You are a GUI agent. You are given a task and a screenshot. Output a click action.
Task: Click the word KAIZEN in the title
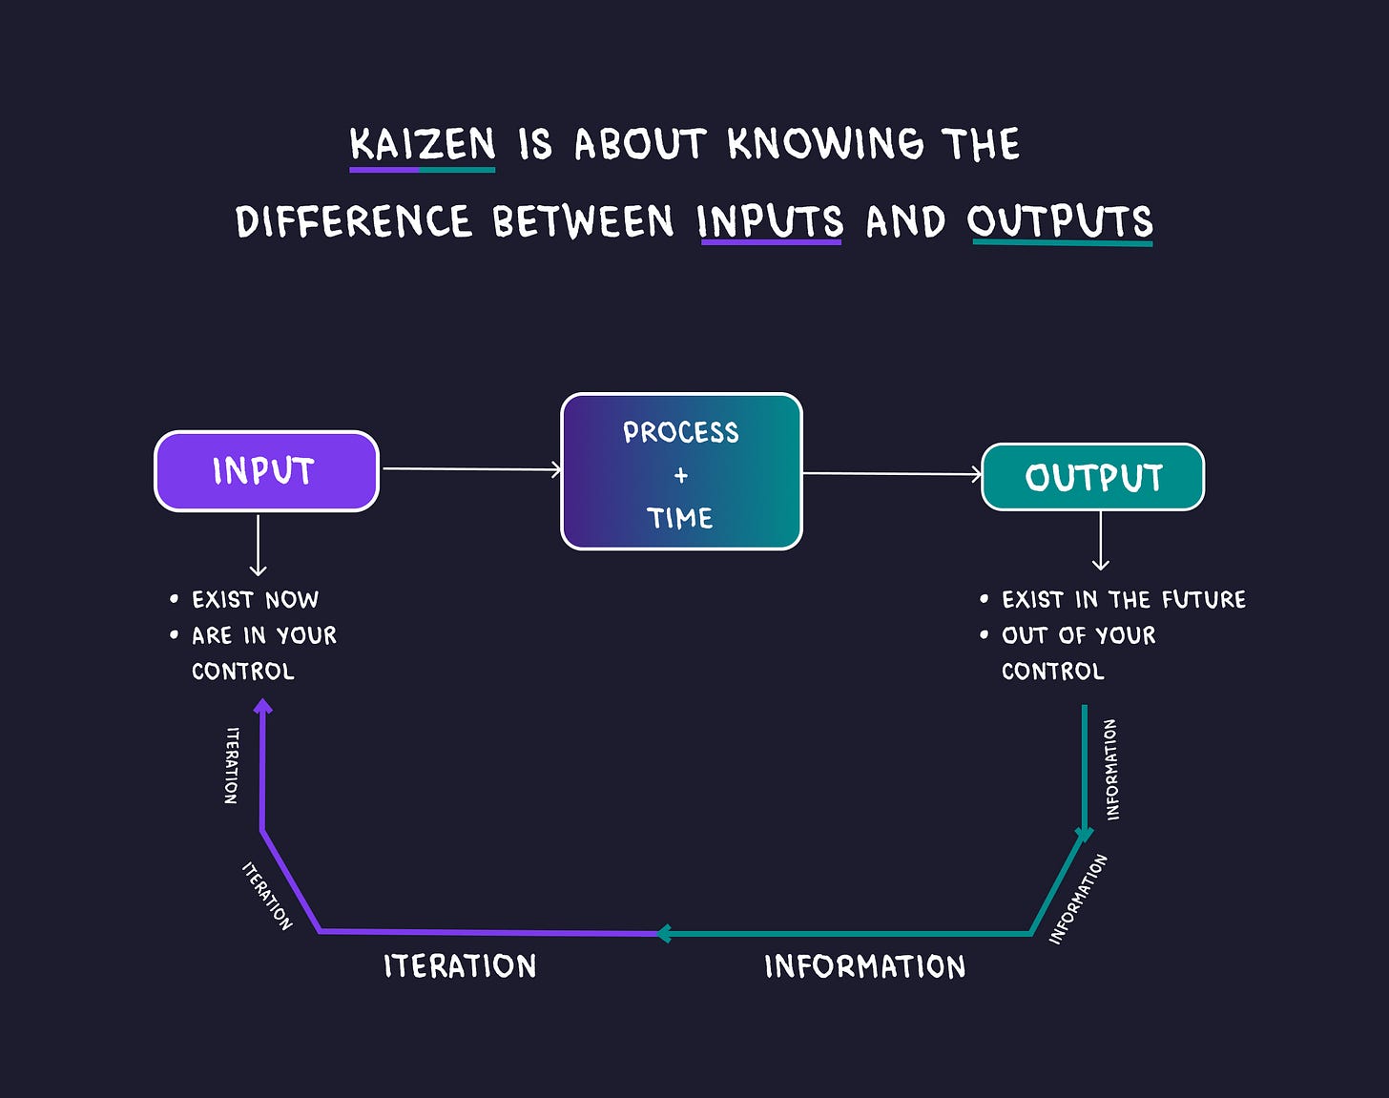(x=423, y=145)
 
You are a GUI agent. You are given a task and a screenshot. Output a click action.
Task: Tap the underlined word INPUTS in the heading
(x=770, y=221)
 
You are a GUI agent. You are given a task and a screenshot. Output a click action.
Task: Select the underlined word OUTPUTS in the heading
(x=1060, y=221)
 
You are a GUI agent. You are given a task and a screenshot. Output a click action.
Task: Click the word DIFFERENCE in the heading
(x=353, y=221)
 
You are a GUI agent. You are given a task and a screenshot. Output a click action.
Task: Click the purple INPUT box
(x=266, y=471)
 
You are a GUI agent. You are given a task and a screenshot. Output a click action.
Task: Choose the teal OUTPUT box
(x=1093, y=477)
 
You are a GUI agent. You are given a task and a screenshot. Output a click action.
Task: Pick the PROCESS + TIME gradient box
(x=681, y=471)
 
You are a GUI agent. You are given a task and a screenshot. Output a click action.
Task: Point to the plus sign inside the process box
(x=681, y=475)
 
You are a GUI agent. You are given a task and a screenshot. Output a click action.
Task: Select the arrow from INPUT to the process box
(x=470, y=469)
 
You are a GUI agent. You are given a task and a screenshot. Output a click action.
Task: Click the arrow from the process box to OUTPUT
(x=892, y=473)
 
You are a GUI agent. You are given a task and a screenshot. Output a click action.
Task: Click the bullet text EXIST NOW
(x=255, y=600)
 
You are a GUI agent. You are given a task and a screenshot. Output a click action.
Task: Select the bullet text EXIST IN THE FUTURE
(x=1123, y=600)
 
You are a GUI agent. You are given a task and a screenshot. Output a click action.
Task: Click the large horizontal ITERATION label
(x=460, y=966)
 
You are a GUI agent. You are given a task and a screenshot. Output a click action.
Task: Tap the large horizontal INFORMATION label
(x=864, y=966)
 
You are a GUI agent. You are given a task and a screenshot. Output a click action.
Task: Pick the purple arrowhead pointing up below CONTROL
(x=263, y=707)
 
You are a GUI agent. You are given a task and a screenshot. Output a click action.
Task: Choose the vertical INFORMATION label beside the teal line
(x=1110, y=769)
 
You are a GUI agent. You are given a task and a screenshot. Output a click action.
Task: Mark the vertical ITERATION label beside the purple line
(x=232, y=765)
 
